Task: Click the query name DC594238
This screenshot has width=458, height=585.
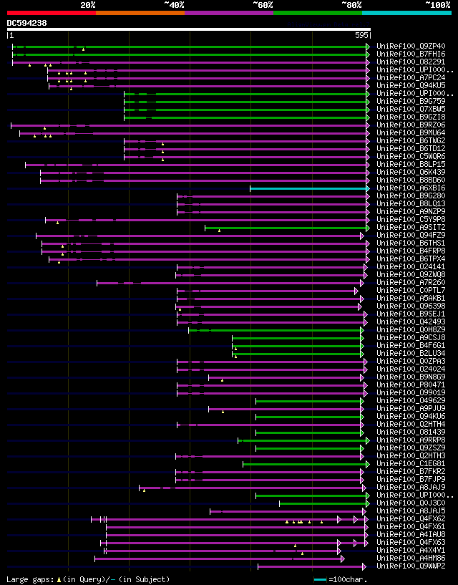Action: click(27, 23)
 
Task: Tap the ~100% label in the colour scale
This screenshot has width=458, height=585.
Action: click(437, 4)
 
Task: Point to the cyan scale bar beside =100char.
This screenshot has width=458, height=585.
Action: click(320, 579)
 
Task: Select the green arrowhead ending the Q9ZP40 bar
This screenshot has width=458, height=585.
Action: click(368, 47)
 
